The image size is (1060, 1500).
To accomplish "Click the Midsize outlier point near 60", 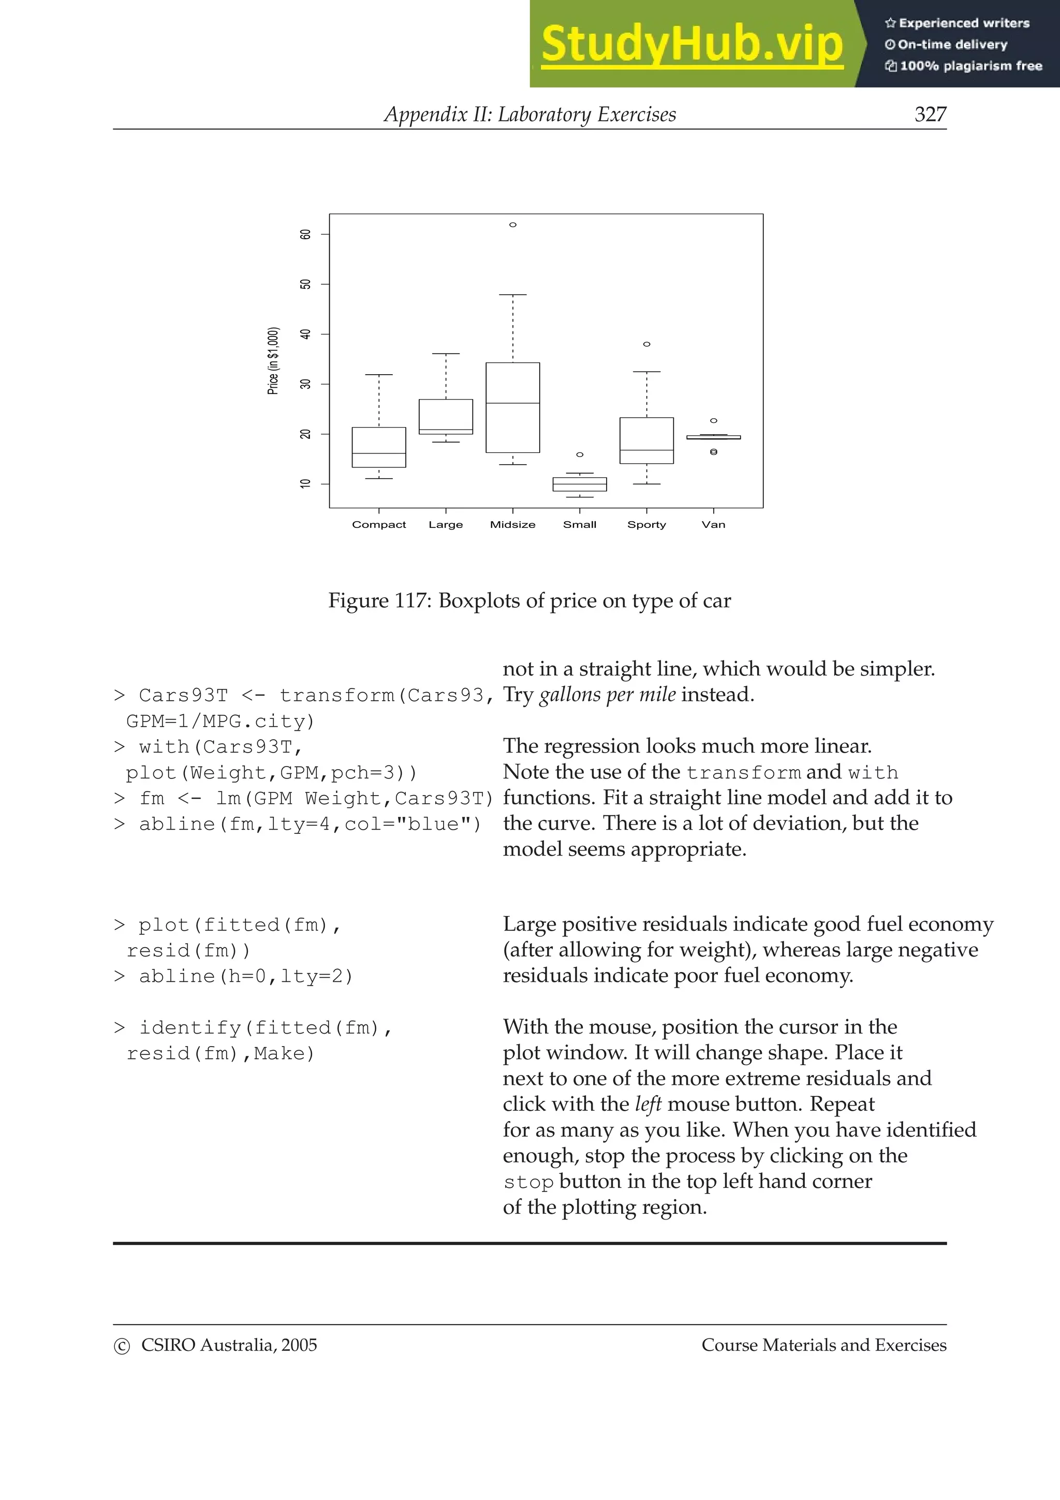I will pos(513,225).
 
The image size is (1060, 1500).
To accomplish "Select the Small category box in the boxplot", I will pos(579,484).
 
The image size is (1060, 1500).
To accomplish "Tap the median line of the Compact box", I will pos(379,453).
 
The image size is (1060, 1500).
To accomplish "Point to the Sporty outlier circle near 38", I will pos(646,344).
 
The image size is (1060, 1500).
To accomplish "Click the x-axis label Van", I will pos(713,525).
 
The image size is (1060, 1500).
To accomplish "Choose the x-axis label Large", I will pos(446,525).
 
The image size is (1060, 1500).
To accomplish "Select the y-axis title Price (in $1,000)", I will pos(273,361).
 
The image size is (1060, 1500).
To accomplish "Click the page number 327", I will pos(930,114).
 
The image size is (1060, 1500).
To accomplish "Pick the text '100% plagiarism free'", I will pos(970,66).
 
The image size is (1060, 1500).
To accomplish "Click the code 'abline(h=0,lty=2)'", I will pos(245,976).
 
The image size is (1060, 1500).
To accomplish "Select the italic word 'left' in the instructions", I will pos(648,1104).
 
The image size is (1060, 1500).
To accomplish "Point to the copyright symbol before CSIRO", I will pos(122,1346).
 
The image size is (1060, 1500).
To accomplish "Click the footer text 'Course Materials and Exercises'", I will pos(823,1345).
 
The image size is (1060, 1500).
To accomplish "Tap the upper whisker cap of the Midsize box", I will pos(513,295).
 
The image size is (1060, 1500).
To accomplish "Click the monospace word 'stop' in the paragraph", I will pos(528,1183).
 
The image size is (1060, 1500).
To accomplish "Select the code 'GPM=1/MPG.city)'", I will pos(220,721).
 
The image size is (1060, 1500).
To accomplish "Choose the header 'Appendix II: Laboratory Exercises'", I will pos(529,114).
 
